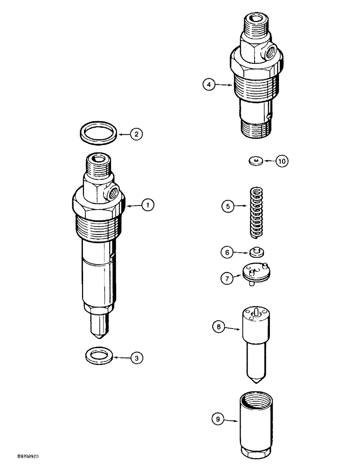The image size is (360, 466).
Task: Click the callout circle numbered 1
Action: point(147,205)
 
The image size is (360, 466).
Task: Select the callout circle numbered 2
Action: point(136,135)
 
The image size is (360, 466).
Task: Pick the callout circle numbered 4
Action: point(209,84)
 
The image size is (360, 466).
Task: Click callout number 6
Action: point(227,252)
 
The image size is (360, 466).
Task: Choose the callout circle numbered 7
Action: point(227,278)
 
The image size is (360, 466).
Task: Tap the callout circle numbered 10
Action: point(282,161)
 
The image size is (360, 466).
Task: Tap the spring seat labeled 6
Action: point(255,252)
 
